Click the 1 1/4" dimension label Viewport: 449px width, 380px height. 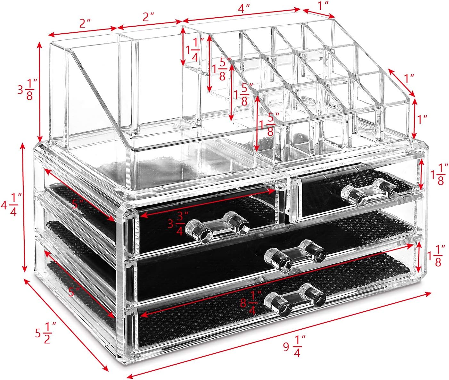(x=195, y=51)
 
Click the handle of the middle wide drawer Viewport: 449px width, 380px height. (x=295, y=255)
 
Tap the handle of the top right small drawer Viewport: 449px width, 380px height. (x=370, y=191)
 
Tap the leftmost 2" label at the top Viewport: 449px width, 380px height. (x=85, y=23)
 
